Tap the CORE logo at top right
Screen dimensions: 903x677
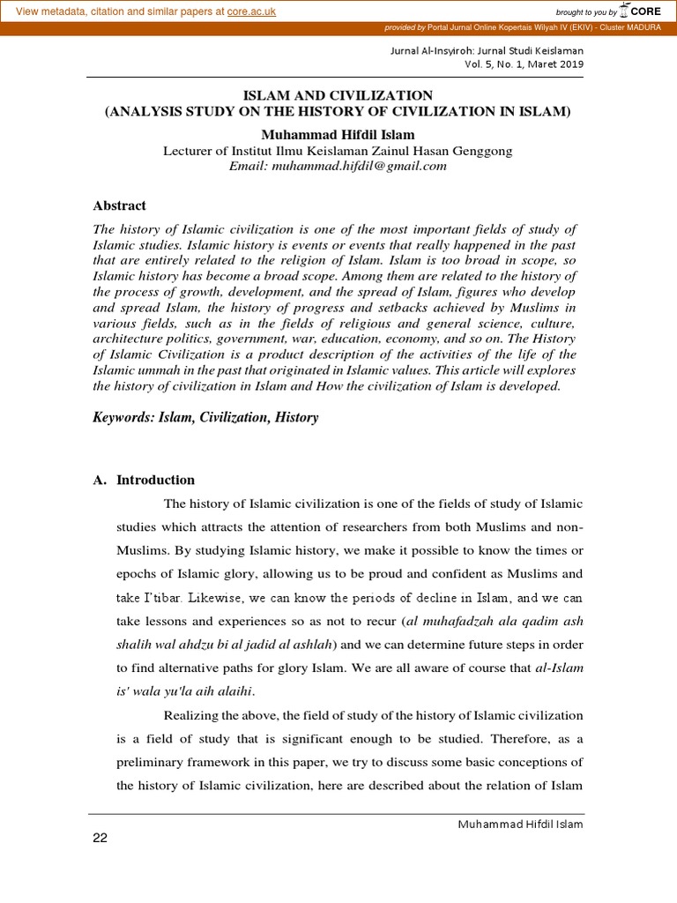(642, 11)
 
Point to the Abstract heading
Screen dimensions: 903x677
(120, 205)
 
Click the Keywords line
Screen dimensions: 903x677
(205, 417)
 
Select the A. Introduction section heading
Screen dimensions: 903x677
(145, 480)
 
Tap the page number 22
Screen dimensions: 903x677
(100, 838)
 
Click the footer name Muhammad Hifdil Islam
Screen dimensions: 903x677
(519, 824)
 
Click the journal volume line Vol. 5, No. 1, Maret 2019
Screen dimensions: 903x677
(524, 64)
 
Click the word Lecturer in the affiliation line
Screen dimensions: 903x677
(190, 151)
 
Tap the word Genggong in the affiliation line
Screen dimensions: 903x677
(481, 151)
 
